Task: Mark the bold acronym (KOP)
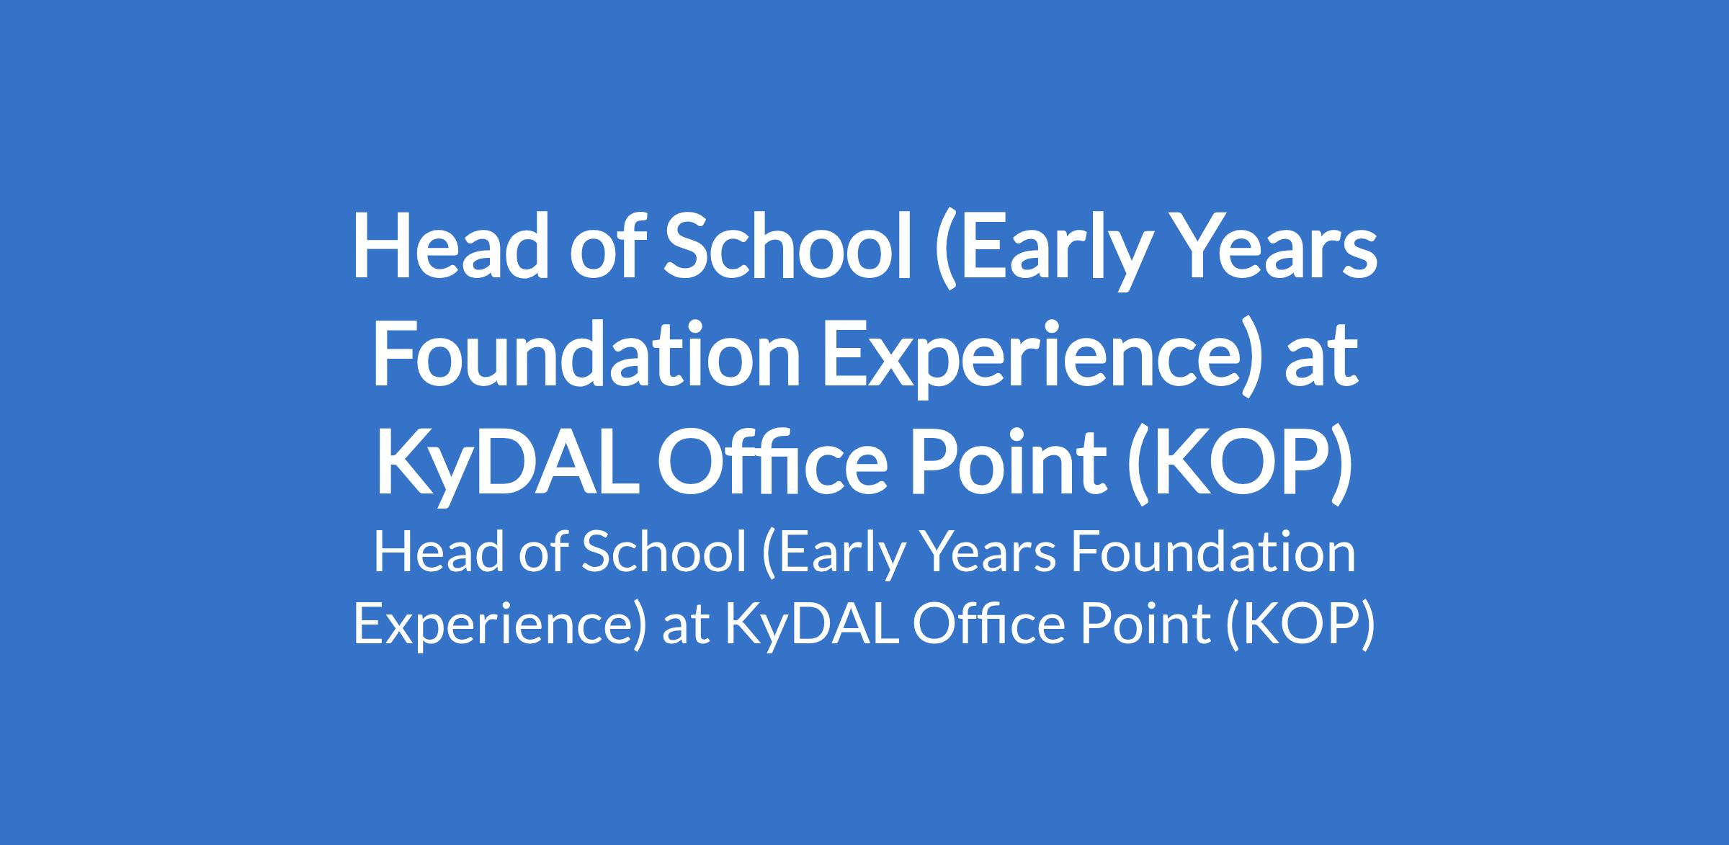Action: (x=1240, y=468)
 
